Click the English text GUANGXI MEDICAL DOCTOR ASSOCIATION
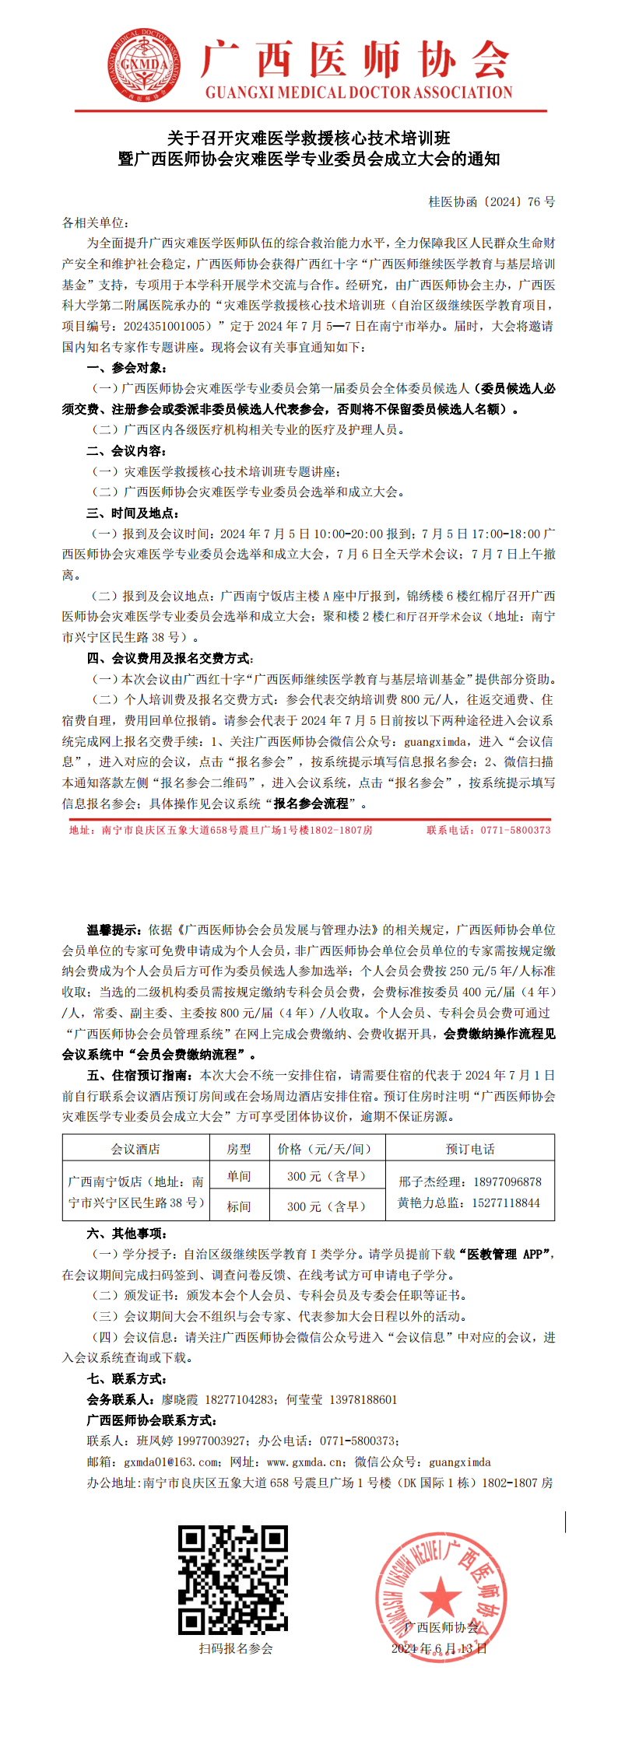pyautogui.click(x=359, y=93)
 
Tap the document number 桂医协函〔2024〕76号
pyautogui.click(x=491, y=202)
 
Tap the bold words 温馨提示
pyautogui.click(x=114, y=930)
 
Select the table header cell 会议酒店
pyautogui.click(x=135, y=1149)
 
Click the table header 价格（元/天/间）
pyautogui.click(x=325, y=1149)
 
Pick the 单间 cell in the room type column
pyautogui.click(x=239, y=1176)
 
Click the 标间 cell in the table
pyautogui.click(x=239, y=1206)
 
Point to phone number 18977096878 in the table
pyautogui.click(x=507, y=1182)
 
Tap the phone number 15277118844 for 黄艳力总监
pyautogui.click(x=506, y=1203)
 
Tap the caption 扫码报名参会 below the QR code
pyautogui.click(x=236, y=1648)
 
